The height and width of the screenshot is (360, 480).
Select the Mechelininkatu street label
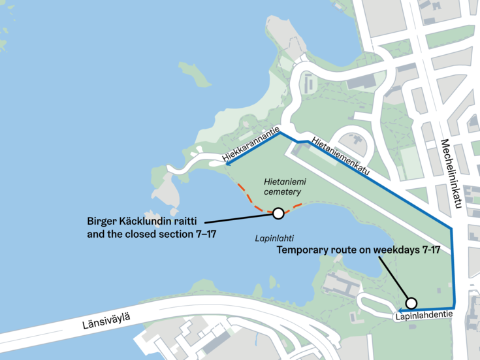451,174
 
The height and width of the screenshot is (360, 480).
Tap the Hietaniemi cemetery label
282,186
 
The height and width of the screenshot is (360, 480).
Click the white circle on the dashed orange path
278,213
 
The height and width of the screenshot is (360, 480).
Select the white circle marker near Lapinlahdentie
411,303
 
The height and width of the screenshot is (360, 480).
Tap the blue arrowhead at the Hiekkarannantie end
228,164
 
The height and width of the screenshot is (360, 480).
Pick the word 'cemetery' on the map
282,192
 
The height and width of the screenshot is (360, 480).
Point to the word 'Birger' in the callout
102,220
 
